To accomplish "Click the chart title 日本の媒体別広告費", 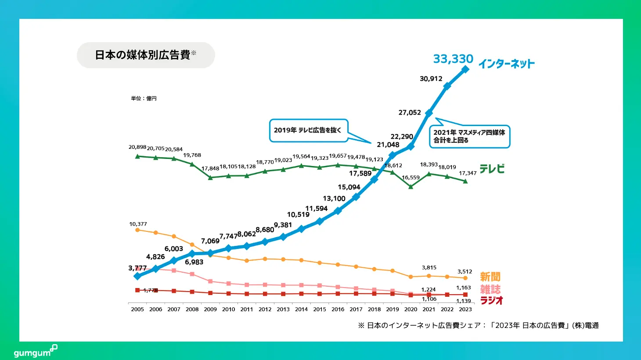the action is pos(143,55).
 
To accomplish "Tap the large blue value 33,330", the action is pos(453,59).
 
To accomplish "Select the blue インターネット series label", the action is pos(507,64).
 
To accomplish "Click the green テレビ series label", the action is pos(492,169).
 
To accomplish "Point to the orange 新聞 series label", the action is pos(490,277).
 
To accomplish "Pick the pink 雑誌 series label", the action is pos(490,289).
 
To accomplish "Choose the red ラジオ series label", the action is pos(491,300).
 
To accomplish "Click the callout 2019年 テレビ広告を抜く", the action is pos(309,130).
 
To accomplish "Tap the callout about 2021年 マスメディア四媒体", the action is pos(470,137).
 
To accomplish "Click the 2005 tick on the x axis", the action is pos(137,310).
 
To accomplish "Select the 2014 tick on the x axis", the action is pos(301,310).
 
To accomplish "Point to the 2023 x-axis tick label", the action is pos(465,310).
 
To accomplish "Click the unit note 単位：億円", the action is pos(144,98).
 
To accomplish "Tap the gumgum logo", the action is pos(35,352).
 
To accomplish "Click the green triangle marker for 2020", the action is pos(411,187).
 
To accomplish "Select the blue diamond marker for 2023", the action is pos(465,69).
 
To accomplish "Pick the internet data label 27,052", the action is pos(410,112).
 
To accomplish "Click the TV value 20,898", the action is pos(137,147).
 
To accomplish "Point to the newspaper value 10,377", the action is pos(138,224).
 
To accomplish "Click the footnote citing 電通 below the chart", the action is pos(478,325).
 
